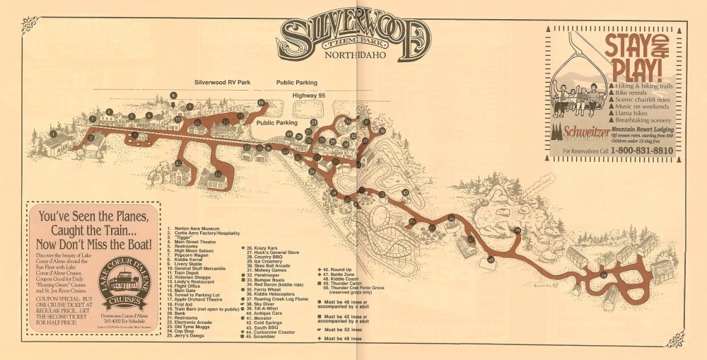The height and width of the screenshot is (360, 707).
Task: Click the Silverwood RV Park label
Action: (223, 83)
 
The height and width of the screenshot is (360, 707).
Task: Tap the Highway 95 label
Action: (317, 93)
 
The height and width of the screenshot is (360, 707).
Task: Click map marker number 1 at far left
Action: (53, 134)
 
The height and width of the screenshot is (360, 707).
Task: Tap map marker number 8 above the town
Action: (173, 95)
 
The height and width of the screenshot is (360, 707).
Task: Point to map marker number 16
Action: (260, 103)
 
